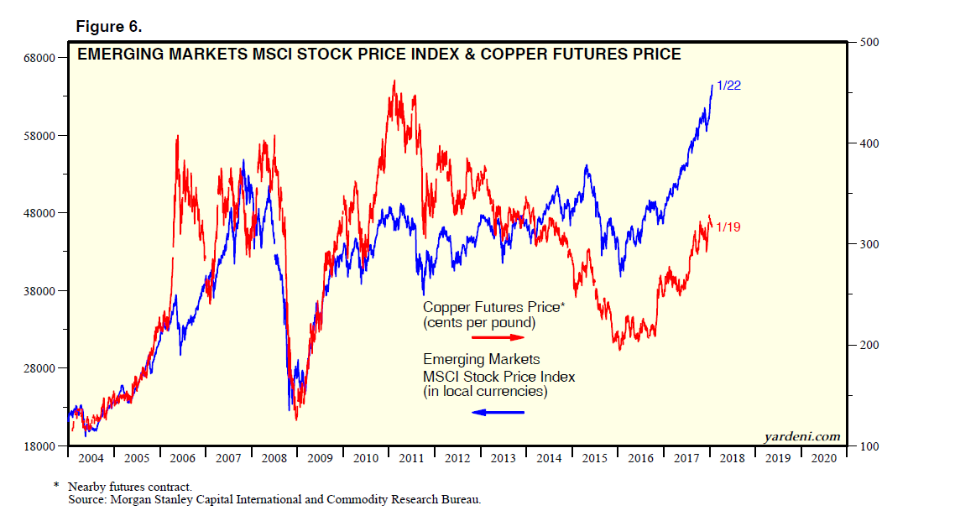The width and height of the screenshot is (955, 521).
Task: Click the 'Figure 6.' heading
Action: [109, 27]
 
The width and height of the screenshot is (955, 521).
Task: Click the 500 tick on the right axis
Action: [866, 42]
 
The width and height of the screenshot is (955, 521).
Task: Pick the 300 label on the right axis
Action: [866, 244]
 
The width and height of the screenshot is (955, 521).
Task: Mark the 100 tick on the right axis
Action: [866, 446]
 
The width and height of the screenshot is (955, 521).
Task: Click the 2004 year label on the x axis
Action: [90, 459]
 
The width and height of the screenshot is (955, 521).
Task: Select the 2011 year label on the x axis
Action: [411, 459]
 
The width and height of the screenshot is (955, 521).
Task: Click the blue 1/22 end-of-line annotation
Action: [729, 86]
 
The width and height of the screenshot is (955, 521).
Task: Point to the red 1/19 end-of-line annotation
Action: [728, 227]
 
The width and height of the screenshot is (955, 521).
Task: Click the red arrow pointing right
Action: [498, 337]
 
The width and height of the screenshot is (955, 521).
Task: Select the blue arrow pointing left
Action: [498, 412]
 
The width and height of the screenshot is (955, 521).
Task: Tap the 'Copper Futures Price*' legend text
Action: [493, 308]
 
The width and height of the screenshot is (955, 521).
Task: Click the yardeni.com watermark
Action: [801, 436]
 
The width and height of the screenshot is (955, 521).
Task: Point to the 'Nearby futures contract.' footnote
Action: [130, 487]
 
